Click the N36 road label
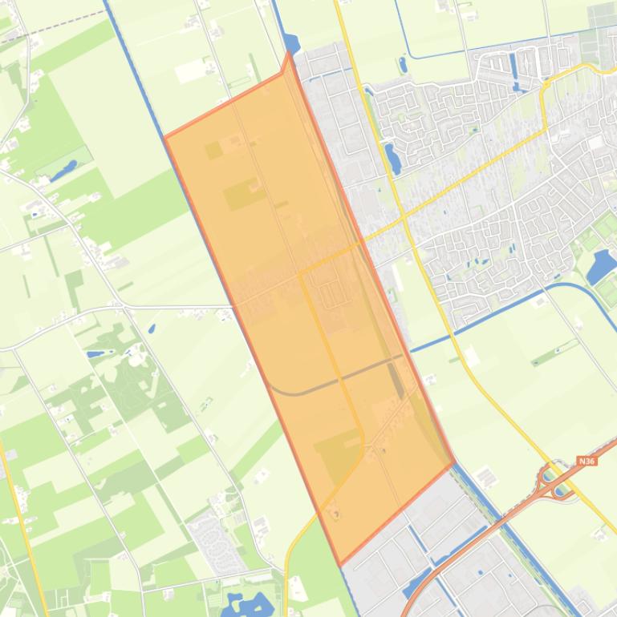coord(587,462)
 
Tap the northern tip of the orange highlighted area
coord(289,53)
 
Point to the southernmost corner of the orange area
coord(341,564)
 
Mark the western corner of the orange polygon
coord(164,137)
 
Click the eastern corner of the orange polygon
coord(454,463)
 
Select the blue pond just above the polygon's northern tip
coord(290,43)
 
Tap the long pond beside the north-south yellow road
coord(392,158)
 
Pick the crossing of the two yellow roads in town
coord(404,217)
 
